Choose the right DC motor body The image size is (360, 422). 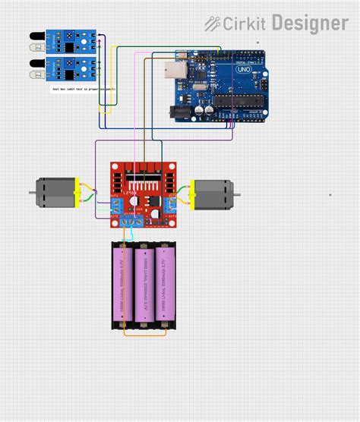pos(216,194)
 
